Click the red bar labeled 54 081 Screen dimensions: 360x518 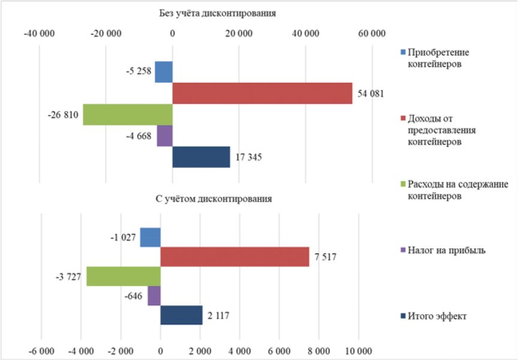(262, 93)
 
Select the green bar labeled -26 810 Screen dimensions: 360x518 (128, 114)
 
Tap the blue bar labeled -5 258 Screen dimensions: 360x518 (164, 72)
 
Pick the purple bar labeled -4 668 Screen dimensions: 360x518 (165, 136)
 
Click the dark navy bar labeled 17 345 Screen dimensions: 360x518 (201, 157)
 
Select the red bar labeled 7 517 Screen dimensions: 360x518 (234, 257)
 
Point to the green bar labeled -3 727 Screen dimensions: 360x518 (124, 277)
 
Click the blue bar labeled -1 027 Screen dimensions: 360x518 (150, 237)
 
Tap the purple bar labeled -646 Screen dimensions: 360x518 (154, 296)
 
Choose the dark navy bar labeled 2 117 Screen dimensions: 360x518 (181, 316)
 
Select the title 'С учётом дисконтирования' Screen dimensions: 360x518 (218, 199)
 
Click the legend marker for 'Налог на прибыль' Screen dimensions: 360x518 (403, 250)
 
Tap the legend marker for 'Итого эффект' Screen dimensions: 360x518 (403, 316)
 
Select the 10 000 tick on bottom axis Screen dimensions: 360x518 (358, 349)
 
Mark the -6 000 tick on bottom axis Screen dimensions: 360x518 (41, 349)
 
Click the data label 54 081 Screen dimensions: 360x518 (371, 94)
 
